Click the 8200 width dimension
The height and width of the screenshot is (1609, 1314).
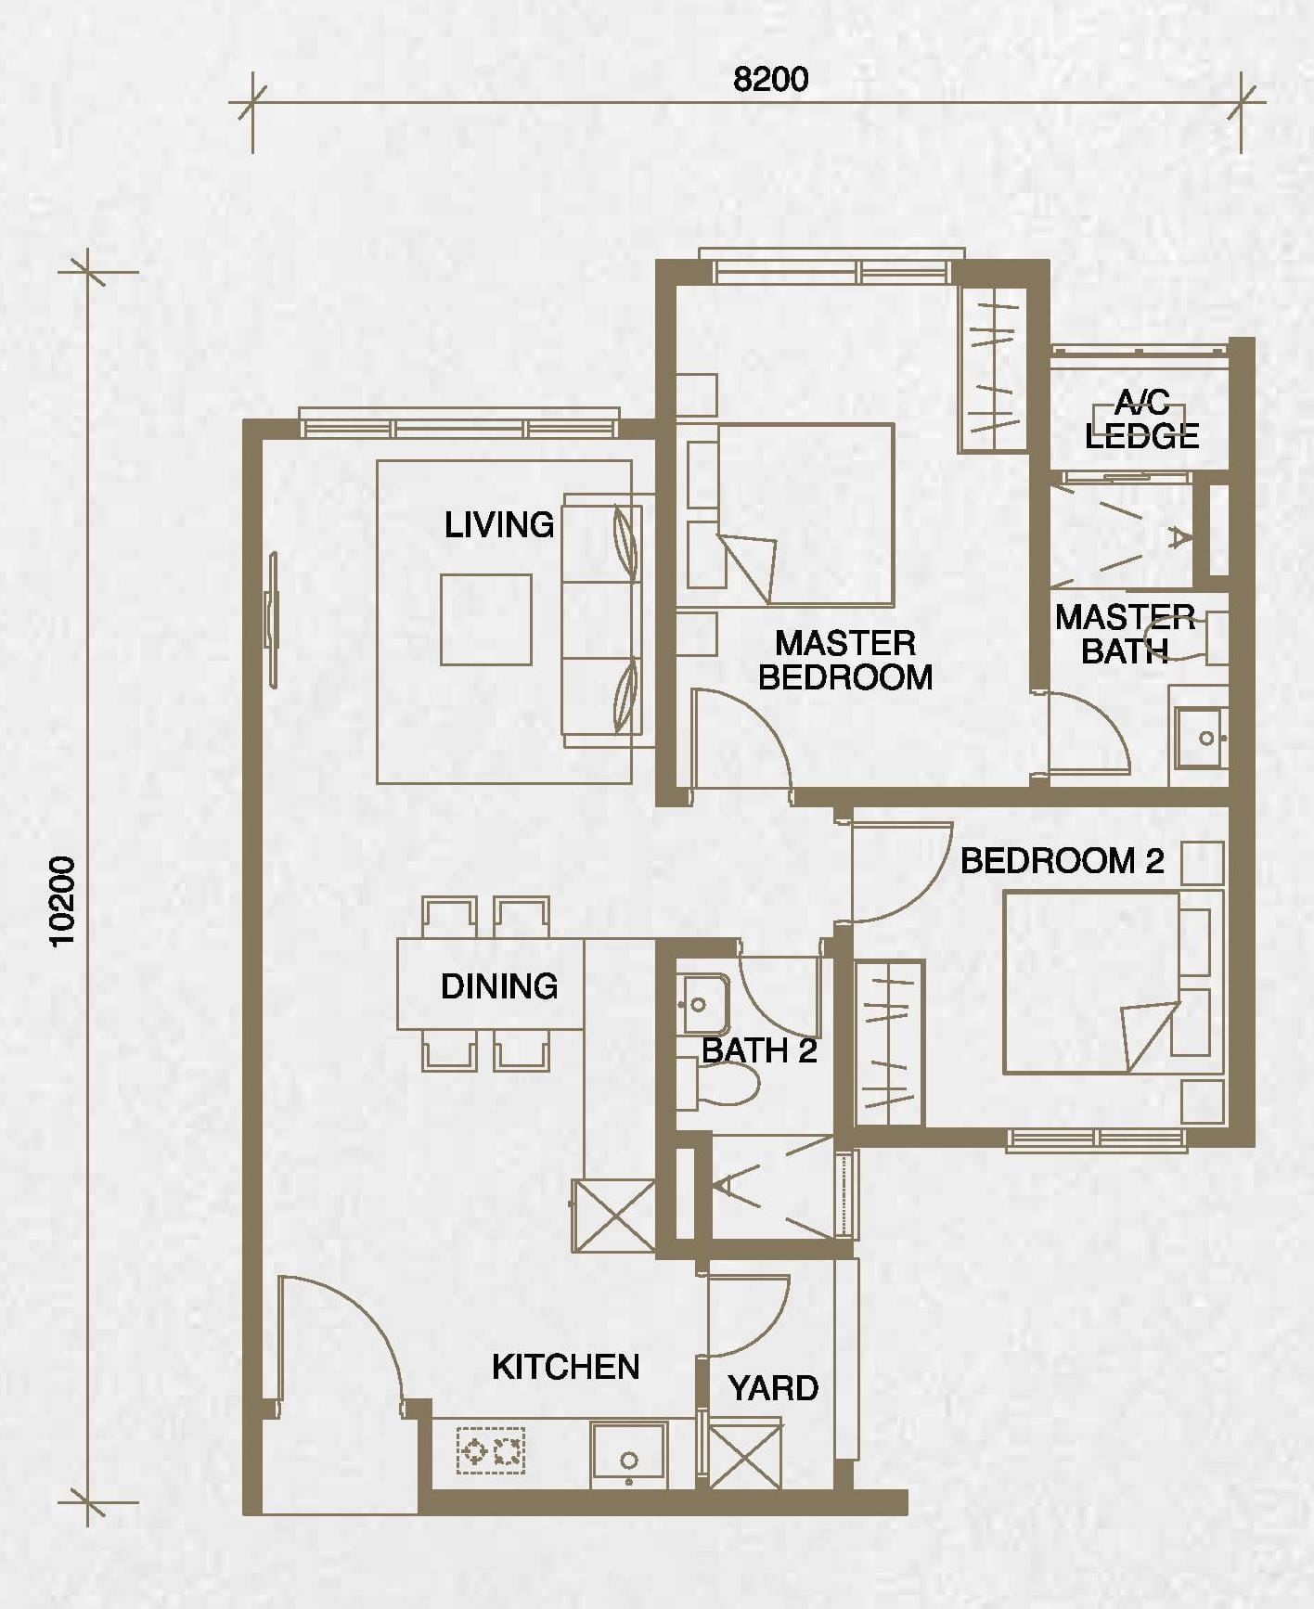(x=770, y=80)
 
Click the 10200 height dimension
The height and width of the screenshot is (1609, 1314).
(x=64, y=901)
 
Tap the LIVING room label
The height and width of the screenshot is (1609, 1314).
(x=499, y=525)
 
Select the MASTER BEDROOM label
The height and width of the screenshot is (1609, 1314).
(x=845, y=660)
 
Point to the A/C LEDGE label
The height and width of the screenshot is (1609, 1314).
(x=1142, y=420)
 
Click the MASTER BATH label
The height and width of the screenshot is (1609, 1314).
(x=1125, y=634)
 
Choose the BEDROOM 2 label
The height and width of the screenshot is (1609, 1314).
(x=1062, y=861)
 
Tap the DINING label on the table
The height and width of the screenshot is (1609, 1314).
(x=499, y=985)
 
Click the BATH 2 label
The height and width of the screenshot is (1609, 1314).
(x=759, y=1050)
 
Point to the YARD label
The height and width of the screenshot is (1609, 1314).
(x=773, y=1388)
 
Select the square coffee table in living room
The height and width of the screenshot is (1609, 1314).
(x=486, y=619)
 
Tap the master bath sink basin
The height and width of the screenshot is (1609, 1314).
(x=1202, y=739)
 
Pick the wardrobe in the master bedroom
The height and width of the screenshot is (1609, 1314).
(x=993, y=369)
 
